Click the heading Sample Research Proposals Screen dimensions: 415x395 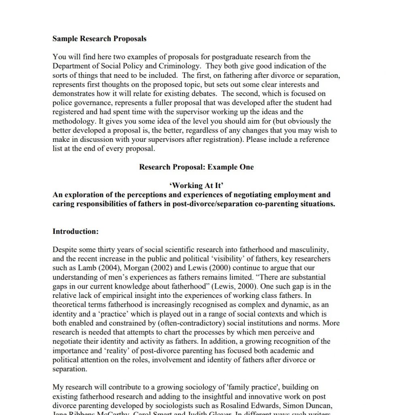[x=99, y=39]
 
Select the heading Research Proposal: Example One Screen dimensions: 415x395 [x=196, y=167]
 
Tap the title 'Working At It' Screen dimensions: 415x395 [x=196, y=186]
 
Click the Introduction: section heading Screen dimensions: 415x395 [x=76, y=231]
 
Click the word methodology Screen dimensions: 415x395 [x=72, y=121]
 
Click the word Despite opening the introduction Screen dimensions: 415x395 [x=65, y=250]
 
